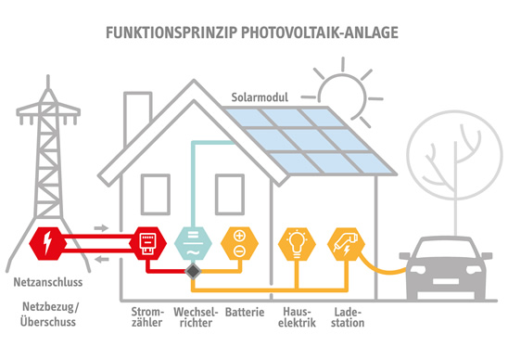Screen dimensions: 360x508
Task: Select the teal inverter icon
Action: [191, 245]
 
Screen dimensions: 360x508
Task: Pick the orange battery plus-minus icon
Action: [237, 245]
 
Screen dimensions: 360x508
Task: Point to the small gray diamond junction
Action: [191, 272]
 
